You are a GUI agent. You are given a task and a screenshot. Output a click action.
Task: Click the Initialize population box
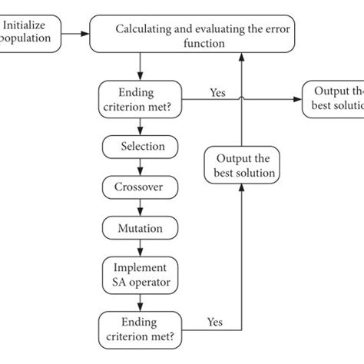click(x=29, y=35)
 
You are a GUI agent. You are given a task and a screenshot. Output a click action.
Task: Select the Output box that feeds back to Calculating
click(x=241, y=164)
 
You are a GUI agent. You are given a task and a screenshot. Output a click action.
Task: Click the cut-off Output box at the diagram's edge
click(x=334, y=98)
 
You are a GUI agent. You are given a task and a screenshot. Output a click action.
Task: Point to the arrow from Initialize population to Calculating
click(x=75, y=34)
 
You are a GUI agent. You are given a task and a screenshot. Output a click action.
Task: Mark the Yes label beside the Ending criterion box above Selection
click(x=217, y=93)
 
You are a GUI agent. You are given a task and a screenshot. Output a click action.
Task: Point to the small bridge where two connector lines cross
click(x=242, y=98)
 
